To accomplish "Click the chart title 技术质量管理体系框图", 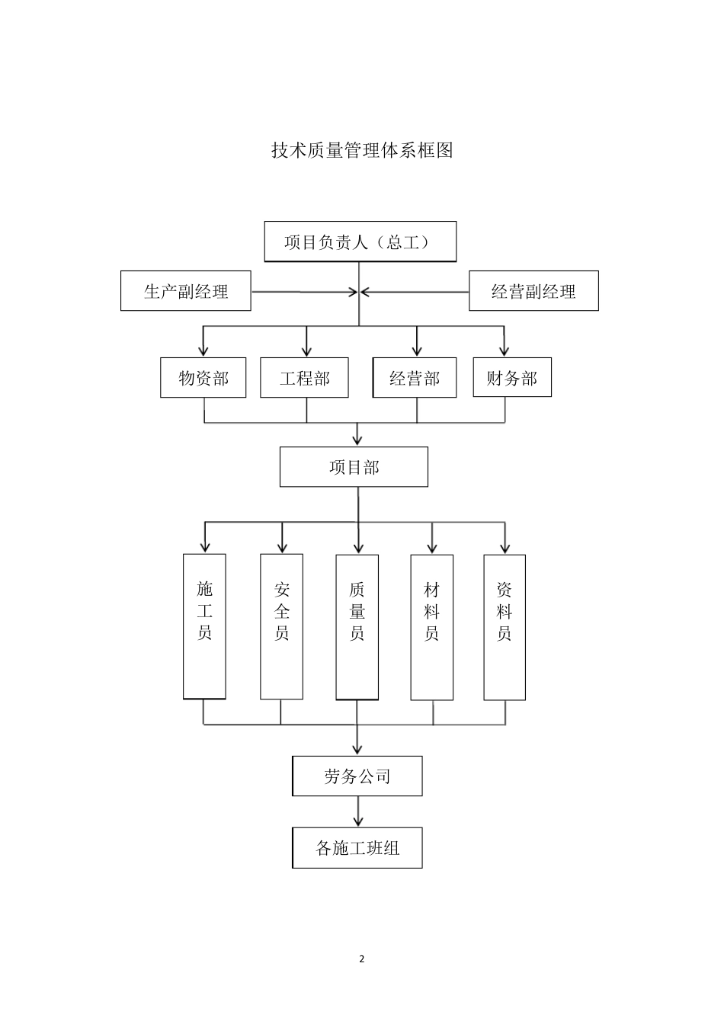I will pyautogui.click(x=362, y=151).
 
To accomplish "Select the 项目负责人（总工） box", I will pyautogui.click(x=360, y=242).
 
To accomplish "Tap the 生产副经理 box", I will pyautogui.click(x=186, y=291).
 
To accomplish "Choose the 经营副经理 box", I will pyautogui.click(x=533, y=291).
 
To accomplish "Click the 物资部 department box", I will pyautogui.click(x=203, y=378).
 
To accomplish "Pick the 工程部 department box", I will pyautogui.click(x=304, y=378).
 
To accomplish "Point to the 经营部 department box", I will pyautogui.click(x=415, y=378).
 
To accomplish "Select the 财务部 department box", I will pyautogui.click(x=511, y=378).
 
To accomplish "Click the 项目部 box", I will pyautogui.click(x=354, y=467).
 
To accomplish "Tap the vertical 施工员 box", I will pyautogui.click(x=204, y=626).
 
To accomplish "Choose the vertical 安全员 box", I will pyautogui.click(x=282, y=626).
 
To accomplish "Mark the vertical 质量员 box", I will pyautogui.click(x=357, y=626).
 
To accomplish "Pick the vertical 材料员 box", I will pyautogui.click(x=431, y=626).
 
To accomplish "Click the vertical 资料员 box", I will pyautogui.click(x=505, y=626).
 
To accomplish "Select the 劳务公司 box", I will pyautogui.click(x=357, y=776).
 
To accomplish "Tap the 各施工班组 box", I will pyautogui.click(x=357, y=847).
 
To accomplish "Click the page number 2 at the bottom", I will pyautogui.click(x=362, y=959).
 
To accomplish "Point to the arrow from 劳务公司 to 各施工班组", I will pyautogui.click(x=357, y=811).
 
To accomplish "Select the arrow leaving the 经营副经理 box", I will pyautogui.click(x=415, y=292).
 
